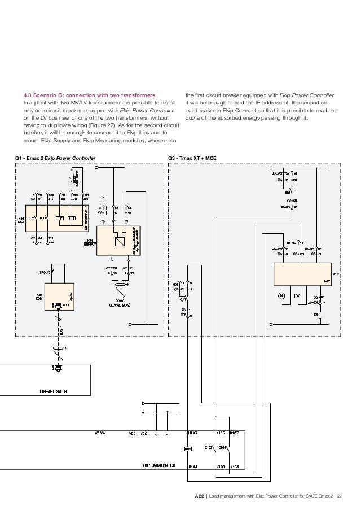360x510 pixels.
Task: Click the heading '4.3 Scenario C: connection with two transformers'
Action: [89, 94]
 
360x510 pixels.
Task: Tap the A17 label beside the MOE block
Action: [335, 274]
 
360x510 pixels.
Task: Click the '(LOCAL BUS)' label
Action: [120, 305]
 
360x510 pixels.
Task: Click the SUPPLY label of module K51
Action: [91, 244]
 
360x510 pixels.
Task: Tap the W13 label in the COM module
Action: [65, 305]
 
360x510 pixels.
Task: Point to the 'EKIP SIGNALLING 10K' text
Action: [160, 466]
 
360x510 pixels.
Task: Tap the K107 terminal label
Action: [235, 433]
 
